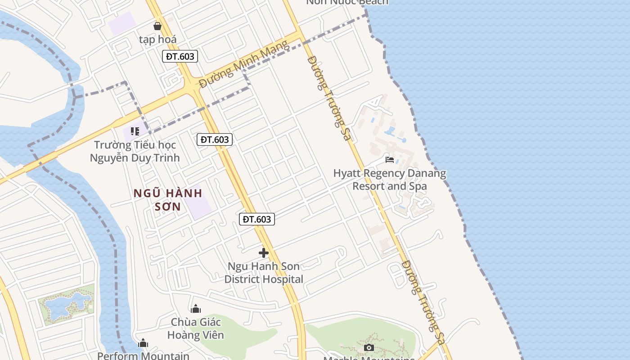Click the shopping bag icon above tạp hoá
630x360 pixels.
point(157,26)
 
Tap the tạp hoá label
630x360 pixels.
point(157,40)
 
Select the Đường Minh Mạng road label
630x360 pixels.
point(243,64)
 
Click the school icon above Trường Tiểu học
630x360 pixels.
point(135,131)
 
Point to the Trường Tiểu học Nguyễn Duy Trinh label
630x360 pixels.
point(135,152)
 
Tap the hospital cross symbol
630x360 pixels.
point(264,253)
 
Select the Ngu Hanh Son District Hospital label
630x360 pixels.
point(264,273)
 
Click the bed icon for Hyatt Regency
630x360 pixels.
point(390,160)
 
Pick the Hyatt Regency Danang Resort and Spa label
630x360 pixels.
point(390,180)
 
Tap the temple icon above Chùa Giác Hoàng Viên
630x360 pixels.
point(196,309)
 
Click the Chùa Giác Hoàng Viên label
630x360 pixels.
point(196,328)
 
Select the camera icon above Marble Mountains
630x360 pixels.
point(369,347)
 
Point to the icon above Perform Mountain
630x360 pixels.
point(143,343)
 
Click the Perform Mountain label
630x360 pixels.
point(144,356)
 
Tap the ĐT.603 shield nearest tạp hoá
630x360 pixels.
point(180,56)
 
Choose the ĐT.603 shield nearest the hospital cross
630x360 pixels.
point(256,219)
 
